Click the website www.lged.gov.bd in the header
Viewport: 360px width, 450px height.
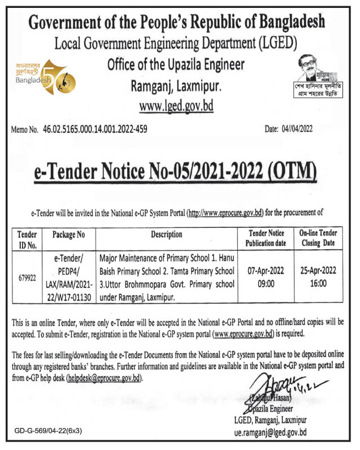pos(176,106)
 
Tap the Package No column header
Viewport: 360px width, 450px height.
pos(68,234)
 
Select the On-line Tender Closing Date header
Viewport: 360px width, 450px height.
pos(318,238)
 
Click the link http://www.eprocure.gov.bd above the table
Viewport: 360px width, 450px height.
pos(225,213)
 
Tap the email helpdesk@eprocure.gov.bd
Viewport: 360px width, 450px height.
pos(104,377)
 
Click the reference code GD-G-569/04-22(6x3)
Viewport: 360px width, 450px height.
pos(49,431)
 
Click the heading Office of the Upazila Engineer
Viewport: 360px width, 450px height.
pos(176,65)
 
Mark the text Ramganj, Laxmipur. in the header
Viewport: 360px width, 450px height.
pos(176,86)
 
